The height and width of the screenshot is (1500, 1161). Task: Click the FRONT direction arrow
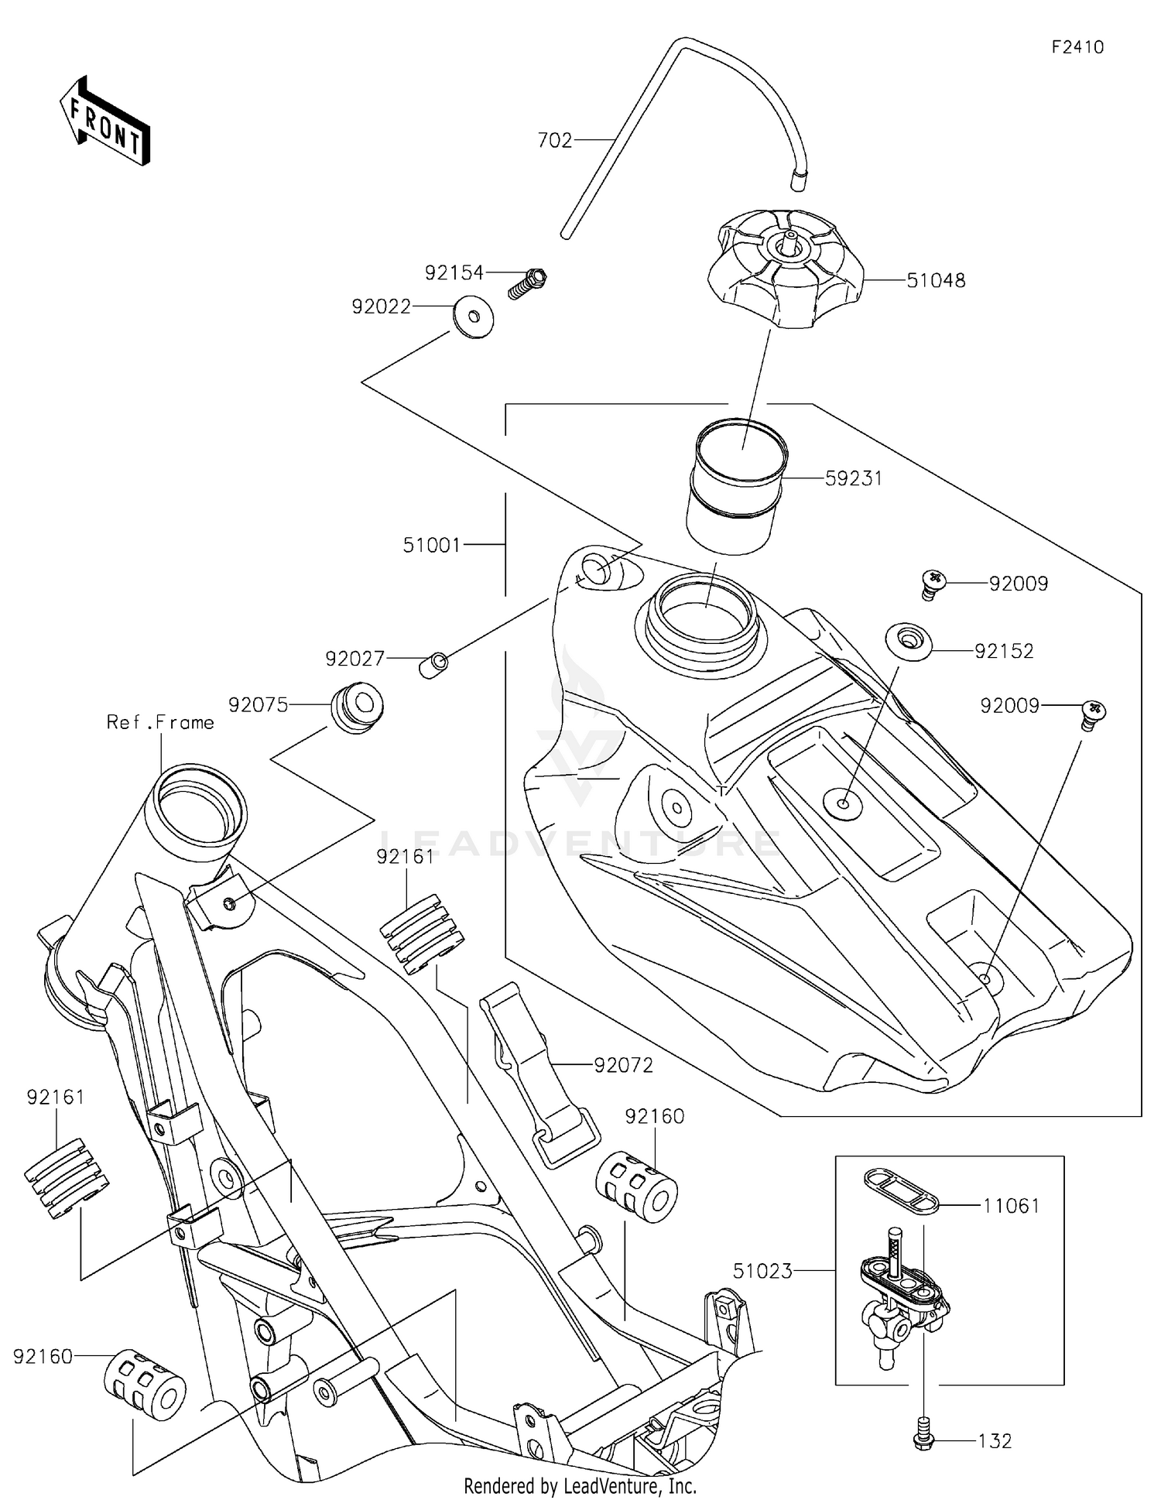coord(104,122)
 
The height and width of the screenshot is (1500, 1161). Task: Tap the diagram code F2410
coord(1077,47)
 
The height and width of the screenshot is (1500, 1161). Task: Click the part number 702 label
coord(554,140)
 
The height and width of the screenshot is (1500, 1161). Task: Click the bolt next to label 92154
coord(529,283)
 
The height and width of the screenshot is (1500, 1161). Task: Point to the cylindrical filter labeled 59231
coord(736,486)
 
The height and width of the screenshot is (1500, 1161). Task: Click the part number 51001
coord(431,546)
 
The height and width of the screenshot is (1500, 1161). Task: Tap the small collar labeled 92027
coord(434,665)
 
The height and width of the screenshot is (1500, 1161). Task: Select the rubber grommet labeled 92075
coord(358,707)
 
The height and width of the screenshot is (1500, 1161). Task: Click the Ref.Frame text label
coord(160,722)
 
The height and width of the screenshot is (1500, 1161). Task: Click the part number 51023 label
coord(762,1271)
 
